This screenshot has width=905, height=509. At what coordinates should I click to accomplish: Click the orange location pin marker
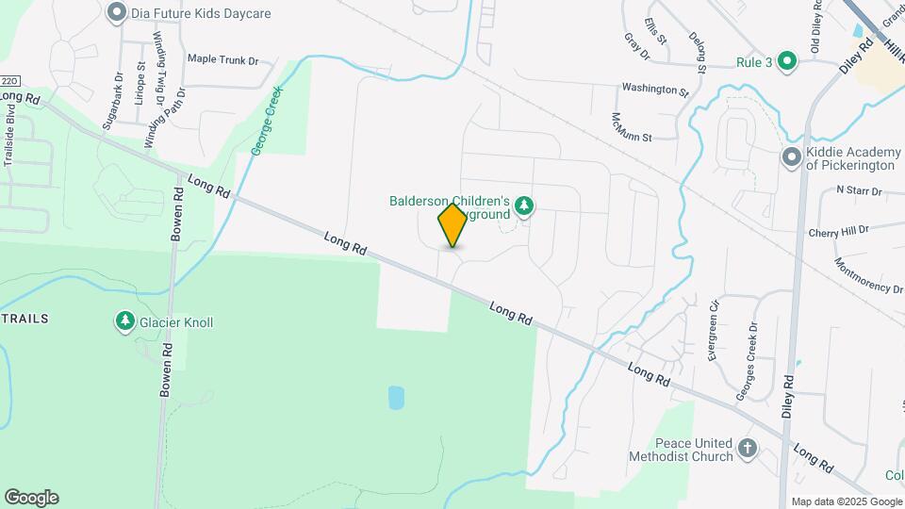point(452,225)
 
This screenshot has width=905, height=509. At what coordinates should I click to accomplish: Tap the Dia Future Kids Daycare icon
point(117,12)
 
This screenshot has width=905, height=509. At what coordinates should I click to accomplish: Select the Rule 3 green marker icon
point(788,62)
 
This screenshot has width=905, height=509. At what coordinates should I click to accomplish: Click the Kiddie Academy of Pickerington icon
point(791,157)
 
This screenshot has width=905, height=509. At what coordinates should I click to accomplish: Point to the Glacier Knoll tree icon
point(124,322)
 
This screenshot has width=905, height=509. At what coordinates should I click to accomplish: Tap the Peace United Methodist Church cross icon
point(748,448)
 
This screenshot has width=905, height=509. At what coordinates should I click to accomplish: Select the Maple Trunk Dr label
point(222,59)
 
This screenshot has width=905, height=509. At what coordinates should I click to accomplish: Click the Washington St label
point(655,90)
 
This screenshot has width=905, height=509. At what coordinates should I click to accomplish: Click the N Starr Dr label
point(858,190)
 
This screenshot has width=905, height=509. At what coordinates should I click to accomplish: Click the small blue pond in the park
point(396,397)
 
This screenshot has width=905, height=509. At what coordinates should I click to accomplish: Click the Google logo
point(31,498)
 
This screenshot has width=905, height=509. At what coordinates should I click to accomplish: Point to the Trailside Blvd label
point(10,138)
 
